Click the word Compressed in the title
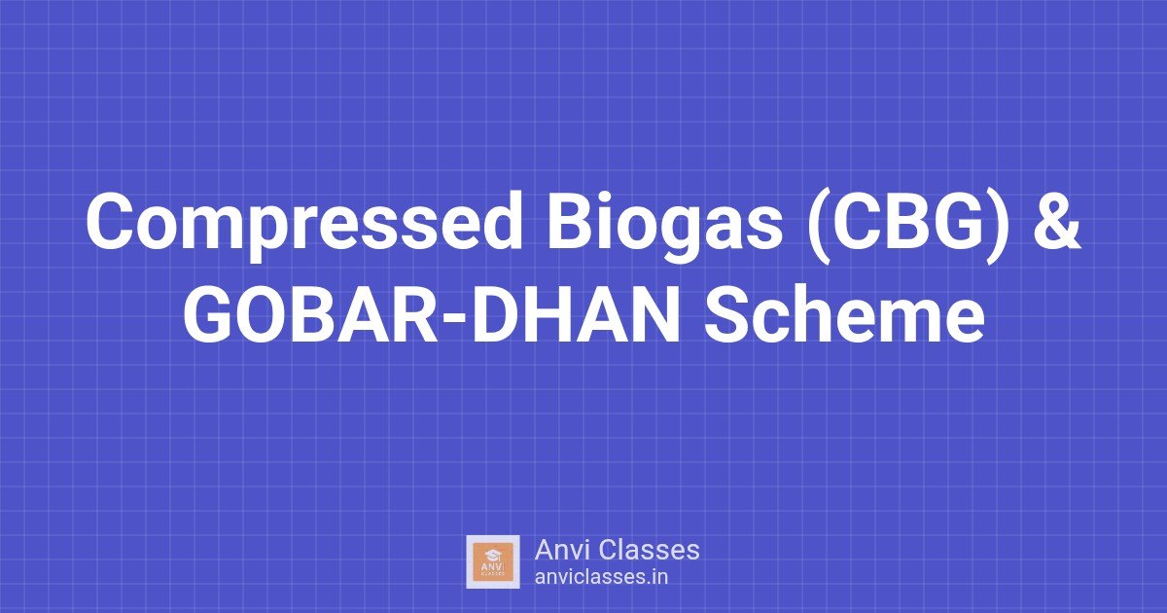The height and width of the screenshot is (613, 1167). coord(303,225)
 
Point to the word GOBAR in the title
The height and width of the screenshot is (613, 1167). coord(310,317)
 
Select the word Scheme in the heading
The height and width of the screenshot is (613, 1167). coord(845,317)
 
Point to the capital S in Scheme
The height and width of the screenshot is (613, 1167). coord(727,317)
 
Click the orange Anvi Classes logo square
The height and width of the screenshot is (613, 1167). coord(493,562)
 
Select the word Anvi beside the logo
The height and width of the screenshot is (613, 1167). coord(563,550)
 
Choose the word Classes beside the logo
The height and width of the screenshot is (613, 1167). coord(650,550)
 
